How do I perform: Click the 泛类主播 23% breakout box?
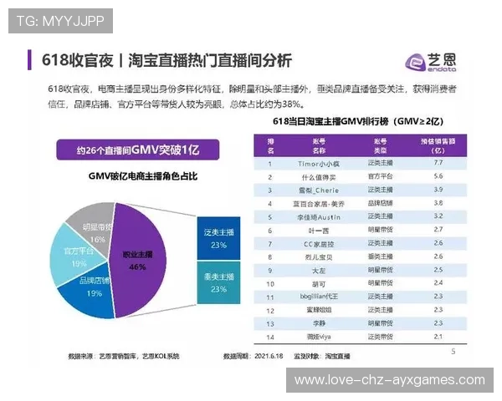219,240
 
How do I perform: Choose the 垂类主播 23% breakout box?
219,283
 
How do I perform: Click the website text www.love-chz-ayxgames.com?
390,380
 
